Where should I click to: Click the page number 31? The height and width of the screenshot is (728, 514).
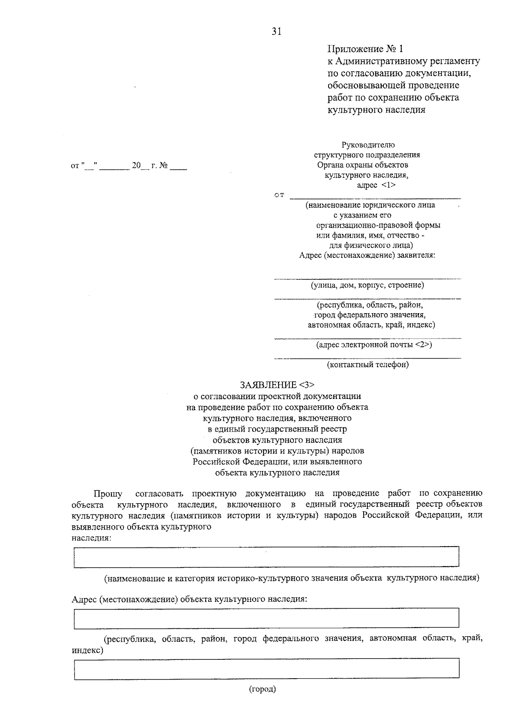276,31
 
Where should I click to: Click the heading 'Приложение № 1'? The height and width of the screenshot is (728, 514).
365,48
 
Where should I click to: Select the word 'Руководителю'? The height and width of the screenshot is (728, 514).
368,145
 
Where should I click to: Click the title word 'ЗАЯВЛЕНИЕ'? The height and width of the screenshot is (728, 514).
268,384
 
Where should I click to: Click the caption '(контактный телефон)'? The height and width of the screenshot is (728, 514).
368,365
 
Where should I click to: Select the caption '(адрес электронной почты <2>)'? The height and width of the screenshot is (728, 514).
374,344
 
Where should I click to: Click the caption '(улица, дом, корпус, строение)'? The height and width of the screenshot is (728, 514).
368,285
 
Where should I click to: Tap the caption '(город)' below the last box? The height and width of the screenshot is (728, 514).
263,689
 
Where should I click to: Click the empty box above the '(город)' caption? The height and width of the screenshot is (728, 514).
266,669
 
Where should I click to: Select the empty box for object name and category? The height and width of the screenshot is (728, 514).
266,557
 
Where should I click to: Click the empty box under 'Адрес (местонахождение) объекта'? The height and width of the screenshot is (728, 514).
266,618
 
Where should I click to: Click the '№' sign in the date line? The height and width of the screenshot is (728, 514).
163,166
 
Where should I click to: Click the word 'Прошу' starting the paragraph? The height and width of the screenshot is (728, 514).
108,493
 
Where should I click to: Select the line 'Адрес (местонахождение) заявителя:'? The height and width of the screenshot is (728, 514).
367,256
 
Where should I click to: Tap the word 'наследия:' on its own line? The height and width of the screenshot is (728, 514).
91,538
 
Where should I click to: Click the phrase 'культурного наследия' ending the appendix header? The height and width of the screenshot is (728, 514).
376,110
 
